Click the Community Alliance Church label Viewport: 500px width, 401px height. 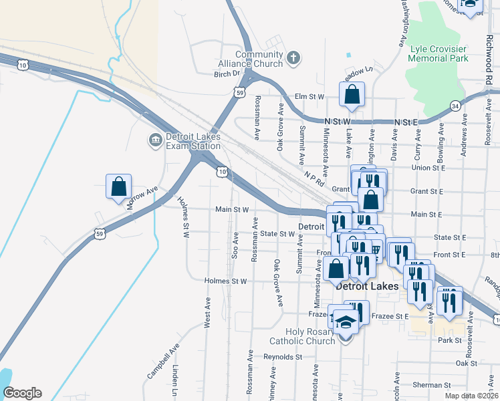click(x=259, y=59)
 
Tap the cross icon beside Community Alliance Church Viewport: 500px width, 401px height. click(x=292, y=59)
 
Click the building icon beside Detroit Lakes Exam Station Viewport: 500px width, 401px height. click(x=154, y=140)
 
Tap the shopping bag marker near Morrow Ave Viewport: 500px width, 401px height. click(x=118, y=186)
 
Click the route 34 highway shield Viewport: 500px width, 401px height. click(x=455, y=106)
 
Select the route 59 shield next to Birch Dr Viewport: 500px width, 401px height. click(x=239, y=94)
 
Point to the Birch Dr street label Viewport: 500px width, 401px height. click(x=227, y=74)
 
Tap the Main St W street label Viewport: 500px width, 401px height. click(x=232, y=209)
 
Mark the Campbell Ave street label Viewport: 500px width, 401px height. click(x=161, y=362)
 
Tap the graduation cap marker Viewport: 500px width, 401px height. click(x=346, y=322)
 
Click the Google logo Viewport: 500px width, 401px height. click(x=22, y=393)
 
